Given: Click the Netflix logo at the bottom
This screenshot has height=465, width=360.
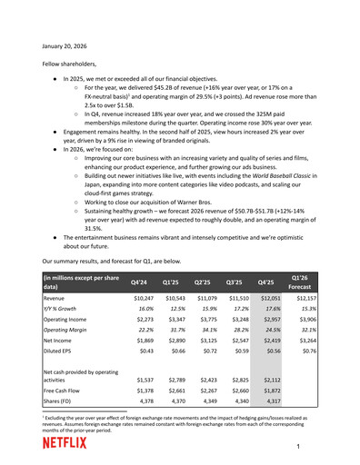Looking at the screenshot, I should point(65,443).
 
